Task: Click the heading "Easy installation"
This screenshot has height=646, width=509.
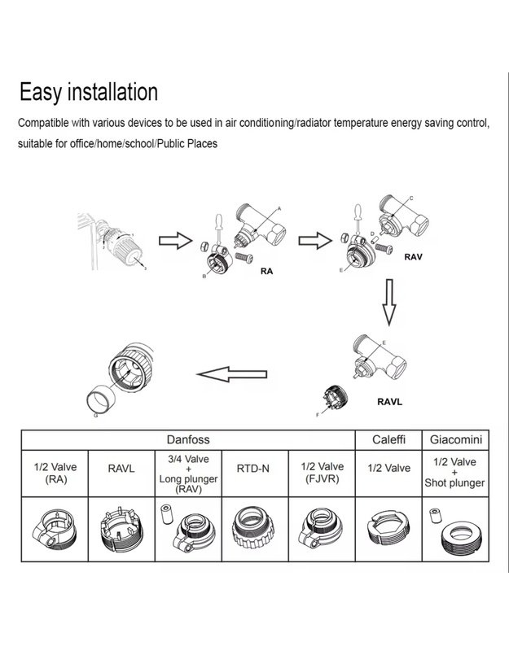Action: click(89, 90)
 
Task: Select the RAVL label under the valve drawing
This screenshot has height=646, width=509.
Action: click(390, 400)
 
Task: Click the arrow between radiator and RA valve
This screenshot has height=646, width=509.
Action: click(170, 241)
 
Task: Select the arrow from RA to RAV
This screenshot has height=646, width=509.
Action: click(312, 241)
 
